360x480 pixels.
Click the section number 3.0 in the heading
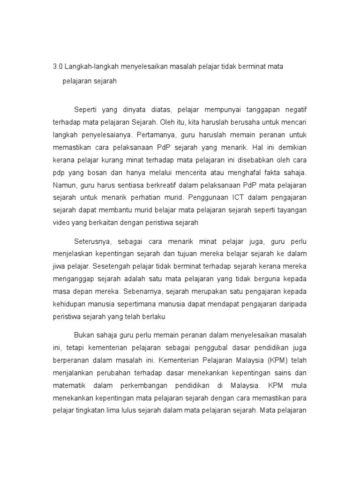[57, 67]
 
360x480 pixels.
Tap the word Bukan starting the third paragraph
[84, 336]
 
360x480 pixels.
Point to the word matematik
[69, 385]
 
